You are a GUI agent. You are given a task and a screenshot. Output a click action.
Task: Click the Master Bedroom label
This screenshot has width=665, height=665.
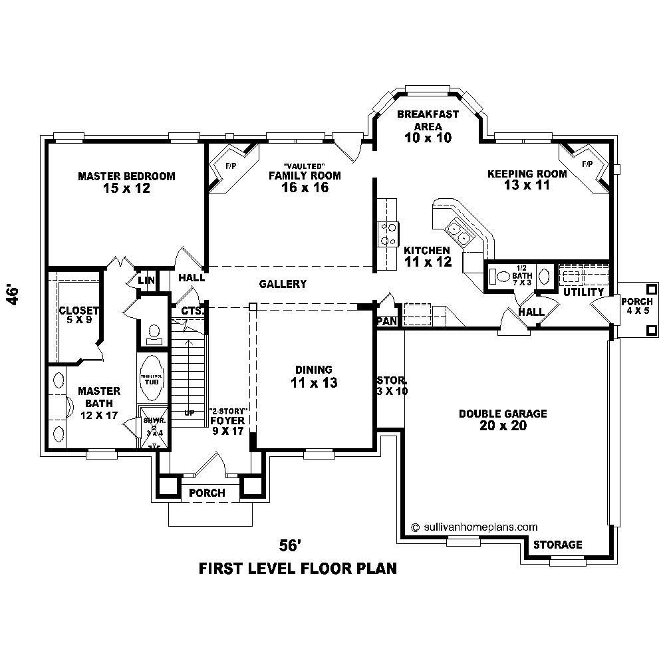coord(126,176)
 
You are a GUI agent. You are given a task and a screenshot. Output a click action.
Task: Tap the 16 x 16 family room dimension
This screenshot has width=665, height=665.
coord(305,188)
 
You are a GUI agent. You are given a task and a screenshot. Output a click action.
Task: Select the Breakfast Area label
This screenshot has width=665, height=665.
coord(428,120)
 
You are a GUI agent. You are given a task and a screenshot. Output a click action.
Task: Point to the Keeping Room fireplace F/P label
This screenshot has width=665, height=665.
coord(587,164)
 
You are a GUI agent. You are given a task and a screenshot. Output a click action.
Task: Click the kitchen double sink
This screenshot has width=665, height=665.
coord(460,231)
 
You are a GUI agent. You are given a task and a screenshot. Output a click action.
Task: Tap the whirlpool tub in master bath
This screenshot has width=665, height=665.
coord(152,377)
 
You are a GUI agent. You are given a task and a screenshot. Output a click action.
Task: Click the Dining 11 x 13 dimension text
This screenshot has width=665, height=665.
coord(314,383)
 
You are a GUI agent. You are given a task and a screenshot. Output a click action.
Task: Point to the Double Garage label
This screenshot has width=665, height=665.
coord(503,414)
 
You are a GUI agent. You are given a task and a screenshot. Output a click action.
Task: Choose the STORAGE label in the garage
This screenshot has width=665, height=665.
coord(558,545)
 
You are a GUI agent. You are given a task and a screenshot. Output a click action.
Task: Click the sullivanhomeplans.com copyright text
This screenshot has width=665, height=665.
coord(475,526)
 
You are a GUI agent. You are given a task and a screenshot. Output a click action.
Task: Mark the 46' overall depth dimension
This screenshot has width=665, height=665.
coord(13,295)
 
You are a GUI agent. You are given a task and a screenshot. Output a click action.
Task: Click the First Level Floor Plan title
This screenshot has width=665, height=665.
coord(298,569)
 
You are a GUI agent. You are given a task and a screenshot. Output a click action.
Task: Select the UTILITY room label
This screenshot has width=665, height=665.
coord(583,292)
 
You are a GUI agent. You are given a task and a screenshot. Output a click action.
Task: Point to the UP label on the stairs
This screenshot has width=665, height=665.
coord(190,413)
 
